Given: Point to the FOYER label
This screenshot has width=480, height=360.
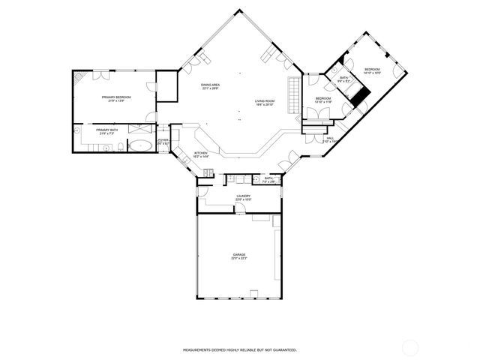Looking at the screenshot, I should pyautogui.click(x=163, y=142).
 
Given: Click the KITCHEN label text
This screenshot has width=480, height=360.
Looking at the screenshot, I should pyautogui.click(x=201, y=154).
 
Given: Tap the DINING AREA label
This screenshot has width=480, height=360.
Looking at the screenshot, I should pyautogui.click(x=210, y=87).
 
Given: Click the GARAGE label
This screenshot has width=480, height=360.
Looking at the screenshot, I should pyautogui.click(x=239, y=256).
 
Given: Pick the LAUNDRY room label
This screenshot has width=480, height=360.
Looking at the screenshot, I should pyautogui.click(x=243, y=197).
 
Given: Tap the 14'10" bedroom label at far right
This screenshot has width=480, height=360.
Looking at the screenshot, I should pyautogui.click(x=373, y=71).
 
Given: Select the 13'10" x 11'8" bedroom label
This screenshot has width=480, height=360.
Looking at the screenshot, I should pyautogui.click(x=323, y=100).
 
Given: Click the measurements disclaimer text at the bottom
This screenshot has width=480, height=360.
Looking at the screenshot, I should pyautogui.click(x=240, y=349).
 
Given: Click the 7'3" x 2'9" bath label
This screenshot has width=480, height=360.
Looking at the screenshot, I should pyautogui.click(x=268, y=179).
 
